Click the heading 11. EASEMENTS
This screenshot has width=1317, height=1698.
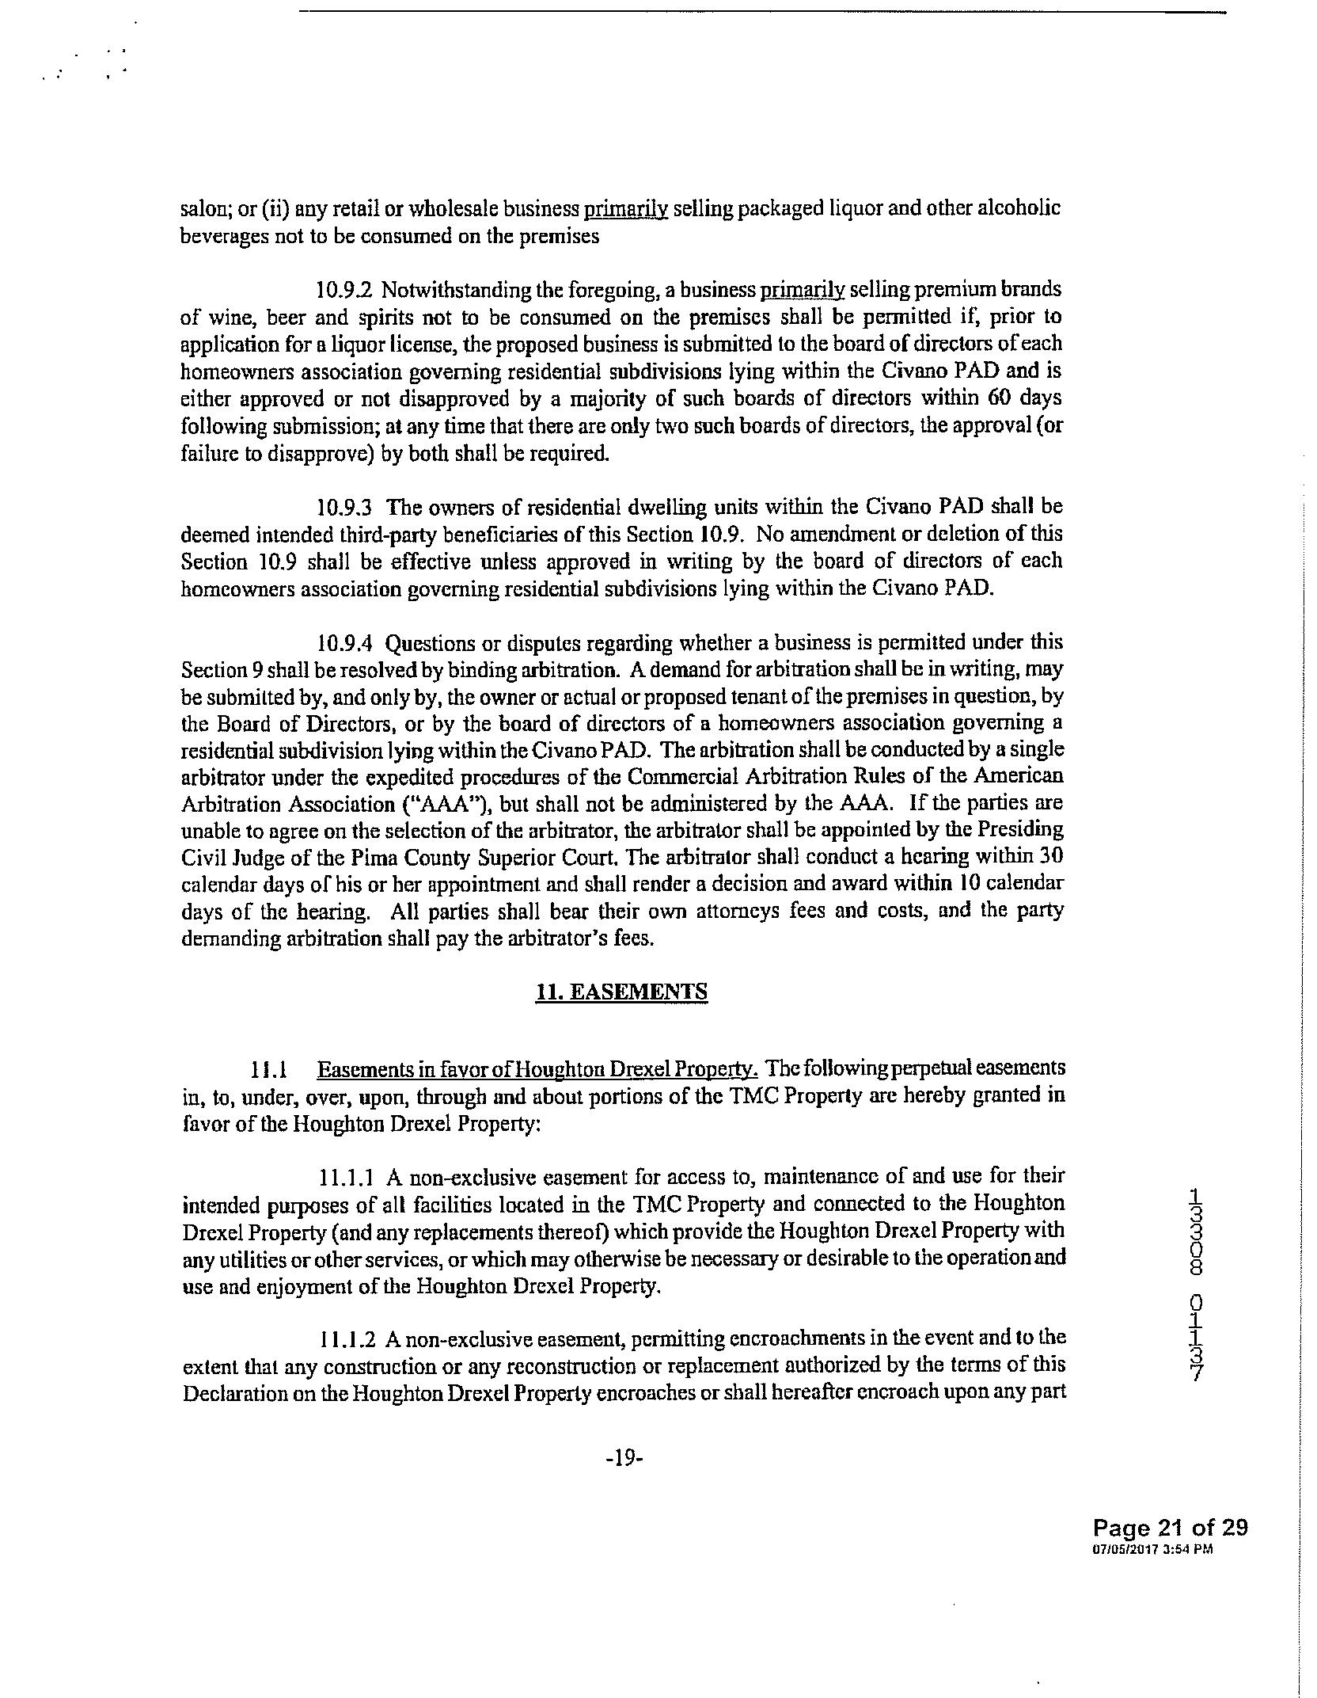point(621,992)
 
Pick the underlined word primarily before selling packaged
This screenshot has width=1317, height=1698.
point(626,209)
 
